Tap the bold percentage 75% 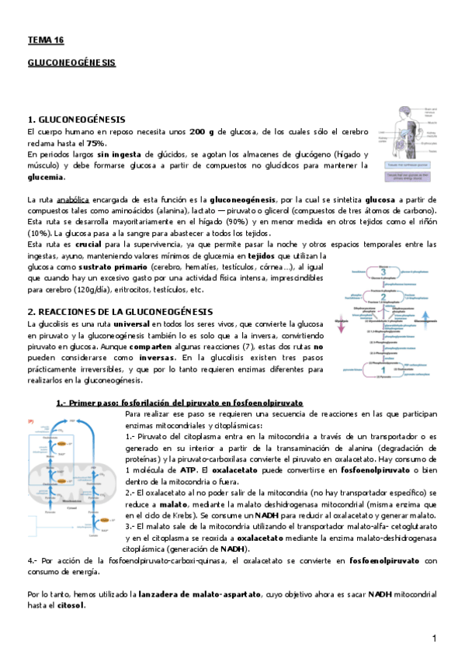click(96, 144)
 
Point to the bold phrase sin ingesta click(120, 155)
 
